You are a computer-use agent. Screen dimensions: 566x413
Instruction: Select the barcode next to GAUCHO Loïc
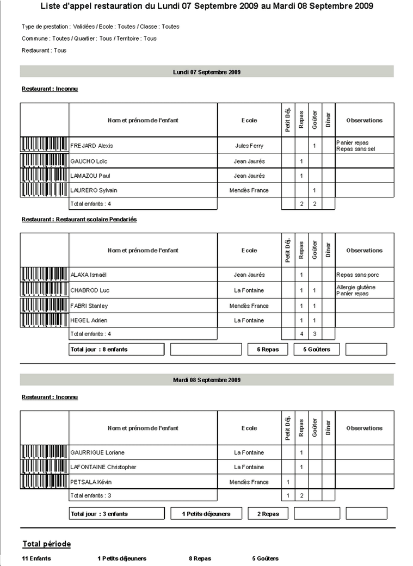(45, 161)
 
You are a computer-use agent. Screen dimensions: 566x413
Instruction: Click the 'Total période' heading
(46, 544)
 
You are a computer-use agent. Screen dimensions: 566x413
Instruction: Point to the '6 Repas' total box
(268, 349)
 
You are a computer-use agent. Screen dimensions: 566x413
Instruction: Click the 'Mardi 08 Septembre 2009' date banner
(207, 380)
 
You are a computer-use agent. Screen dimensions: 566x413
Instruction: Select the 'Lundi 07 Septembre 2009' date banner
(207, 72)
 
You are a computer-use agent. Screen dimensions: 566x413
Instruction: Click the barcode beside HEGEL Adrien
(45, 320)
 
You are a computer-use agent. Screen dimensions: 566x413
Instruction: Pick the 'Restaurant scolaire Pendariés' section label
(79, 220)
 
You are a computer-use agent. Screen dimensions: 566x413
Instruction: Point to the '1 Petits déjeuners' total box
(206, 514)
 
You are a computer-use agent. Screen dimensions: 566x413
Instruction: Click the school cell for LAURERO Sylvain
(249, 190)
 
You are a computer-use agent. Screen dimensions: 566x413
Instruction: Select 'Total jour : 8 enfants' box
(116, 349)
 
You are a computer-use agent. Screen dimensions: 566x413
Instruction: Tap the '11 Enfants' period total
(36, 558)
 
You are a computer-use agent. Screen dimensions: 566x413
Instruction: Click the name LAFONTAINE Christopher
(103, 467)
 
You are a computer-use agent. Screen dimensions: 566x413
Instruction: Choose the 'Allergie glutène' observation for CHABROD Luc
(356, 287)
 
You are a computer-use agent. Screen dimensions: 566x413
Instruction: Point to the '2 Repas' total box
(268, 514)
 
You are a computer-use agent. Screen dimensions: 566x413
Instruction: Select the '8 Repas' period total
(200, 558)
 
